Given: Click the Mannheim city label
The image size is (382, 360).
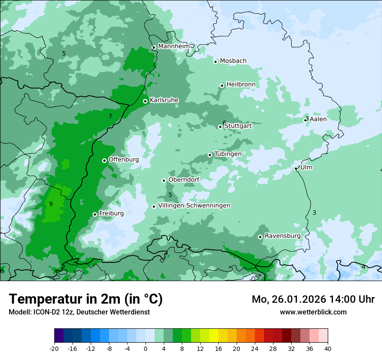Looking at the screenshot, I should point(174,46).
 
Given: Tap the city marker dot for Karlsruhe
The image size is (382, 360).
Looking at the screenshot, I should point(145,101).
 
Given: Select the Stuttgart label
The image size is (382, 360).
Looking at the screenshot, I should point(238,126).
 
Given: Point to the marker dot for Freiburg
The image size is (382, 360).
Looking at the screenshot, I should point(95,214).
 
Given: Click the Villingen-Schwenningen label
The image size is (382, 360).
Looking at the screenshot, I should point(194,206).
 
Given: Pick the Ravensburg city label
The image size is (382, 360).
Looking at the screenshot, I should point(282,236).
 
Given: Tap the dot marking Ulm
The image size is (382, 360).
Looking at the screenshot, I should point(296,168).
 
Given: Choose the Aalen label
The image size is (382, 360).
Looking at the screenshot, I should point(318,119).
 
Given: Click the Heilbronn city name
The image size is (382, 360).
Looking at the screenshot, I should point(241,84).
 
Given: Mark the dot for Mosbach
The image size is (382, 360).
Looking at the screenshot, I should point(216,62).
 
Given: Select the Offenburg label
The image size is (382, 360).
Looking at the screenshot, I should point(124,160).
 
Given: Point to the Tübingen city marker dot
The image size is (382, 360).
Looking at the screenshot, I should point(210,155).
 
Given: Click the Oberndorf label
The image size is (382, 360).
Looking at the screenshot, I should point(184,180).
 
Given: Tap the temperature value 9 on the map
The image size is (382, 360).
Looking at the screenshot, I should point(51,204).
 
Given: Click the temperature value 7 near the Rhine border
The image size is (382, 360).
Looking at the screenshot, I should point(110,116).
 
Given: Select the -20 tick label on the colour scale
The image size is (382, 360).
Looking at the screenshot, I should point(54,348).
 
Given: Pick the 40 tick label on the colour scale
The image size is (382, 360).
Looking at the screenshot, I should point(327,348).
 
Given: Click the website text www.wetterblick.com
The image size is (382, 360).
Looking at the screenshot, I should point(313,312).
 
